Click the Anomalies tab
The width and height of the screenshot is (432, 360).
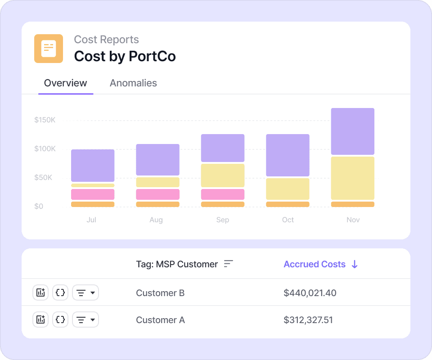(x=133, y=83)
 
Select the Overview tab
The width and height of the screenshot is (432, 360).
(x=66, y=83)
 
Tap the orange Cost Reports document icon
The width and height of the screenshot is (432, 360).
(x=49, y=49)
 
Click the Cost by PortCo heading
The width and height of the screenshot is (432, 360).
(x=125, y=56)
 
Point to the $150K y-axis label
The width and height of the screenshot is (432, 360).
(x=45, y=120)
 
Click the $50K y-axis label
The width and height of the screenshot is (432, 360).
(x=43, y=178)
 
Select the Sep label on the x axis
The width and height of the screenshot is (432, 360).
(x=222, y=220)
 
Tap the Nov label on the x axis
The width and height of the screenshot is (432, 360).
(x=353, y=220)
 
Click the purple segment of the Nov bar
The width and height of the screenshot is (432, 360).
(x=353, y=131)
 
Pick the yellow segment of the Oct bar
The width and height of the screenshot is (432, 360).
(x=288, y=189)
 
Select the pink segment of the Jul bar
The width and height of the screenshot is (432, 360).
(x=93, y=194)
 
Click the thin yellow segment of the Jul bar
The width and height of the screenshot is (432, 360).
(x=93, y=185)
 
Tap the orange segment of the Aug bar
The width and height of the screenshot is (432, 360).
(x=157, y=204)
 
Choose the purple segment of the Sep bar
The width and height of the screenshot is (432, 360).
(x=223, y=148)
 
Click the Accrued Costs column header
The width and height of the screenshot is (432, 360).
(x=315, y=264)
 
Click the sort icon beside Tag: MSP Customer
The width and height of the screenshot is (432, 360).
(x=229, y=264)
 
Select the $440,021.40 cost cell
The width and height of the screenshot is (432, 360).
(x=310, y=293)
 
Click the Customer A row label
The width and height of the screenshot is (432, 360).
(x=160, y=320)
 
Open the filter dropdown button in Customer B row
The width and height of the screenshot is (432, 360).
(x=85, y=293)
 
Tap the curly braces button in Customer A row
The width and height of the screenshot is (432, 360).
(x=60, y=320)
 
